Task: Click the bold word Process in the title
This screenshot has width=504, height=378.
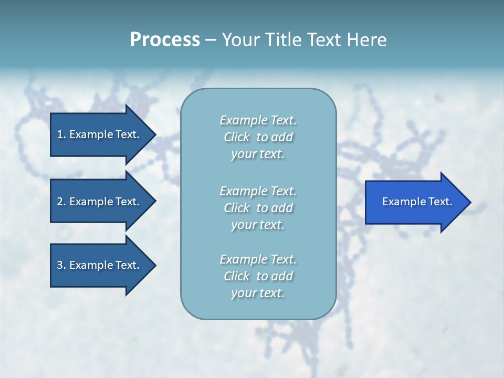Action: coord(165,40)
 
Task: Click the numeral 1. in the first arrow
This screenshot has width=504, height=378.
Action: coord(61,134)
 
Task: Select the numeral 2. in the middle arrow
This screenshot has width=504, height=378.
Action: coord(61,202)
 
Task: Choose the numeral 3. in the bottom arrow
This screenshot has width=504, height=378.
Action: coord(61,265)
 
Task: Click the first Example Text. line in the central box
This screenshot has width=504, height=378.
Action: coord(258,120)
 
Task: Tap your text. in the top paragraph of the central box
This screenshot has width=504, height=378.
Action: coord(258,154)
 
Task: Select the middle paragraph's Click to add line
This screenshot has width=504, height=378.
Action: coord(258,208)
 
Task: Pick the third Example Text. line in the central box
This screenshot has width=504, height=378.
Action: coord(258,259)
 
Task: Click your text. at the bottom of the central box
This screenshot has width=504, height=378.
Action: coord(258,293)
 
